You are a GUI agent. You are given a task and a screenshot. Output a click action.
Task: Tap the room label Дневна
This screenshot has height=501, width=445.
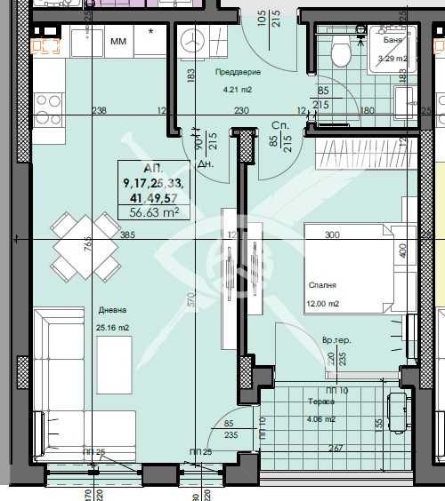(112, 310)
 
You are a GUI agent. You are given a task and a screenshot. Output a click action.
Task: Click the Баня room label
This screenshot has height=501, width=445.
(392, 41)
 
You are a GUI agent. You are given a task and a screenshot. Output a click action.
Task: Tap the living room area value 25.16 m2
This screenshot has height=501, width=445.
(114, 328)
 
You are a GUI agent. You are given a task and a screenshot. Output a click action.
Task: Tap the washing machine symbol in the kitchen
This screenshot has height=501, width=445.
(192, 42)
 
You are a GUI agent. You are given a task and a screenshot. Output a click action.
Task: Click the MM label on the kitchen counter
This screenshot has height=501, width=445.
(118, 41)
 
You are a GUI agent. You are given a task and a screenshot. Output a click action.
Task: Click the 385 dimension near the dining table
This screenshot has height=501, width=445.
(127, 235)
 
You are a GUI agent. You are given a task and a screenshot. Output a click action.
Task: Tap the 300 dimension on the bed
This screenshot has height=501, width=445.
(332, 235)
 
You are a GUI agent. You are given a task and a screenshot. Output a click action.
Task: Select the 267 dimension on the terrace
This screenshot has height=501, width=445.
(336, 449)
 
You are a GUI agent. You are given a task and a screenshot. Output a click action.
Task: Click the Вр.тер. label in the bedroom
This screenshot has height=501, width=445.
(336, 340)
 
